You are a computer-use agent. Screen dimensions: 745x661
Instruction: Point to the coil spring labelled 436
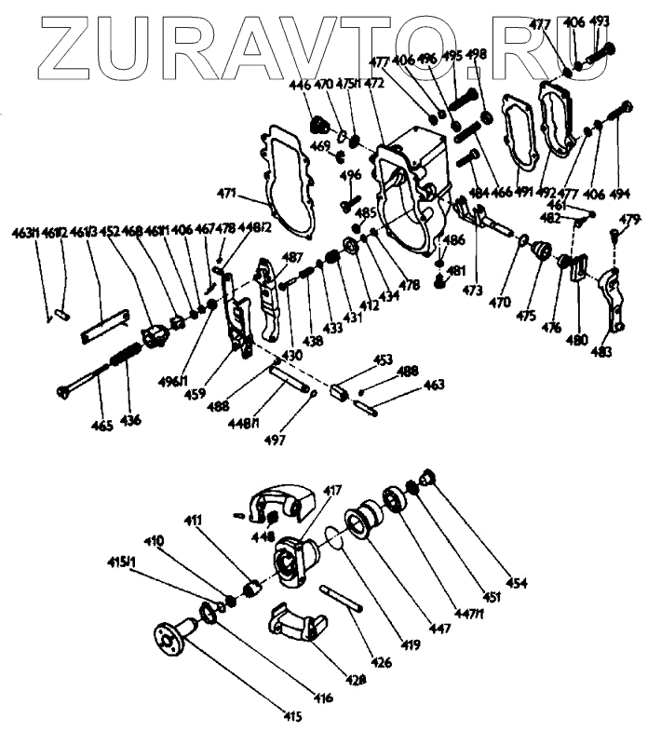coord(127,356)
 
